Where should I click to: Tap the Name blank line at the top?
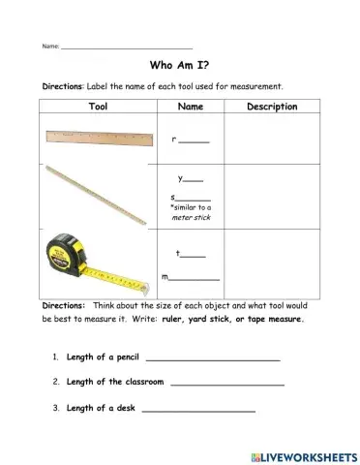[x=126, y=47]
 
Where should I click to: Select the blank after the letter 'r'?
[x=195, y=142]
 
